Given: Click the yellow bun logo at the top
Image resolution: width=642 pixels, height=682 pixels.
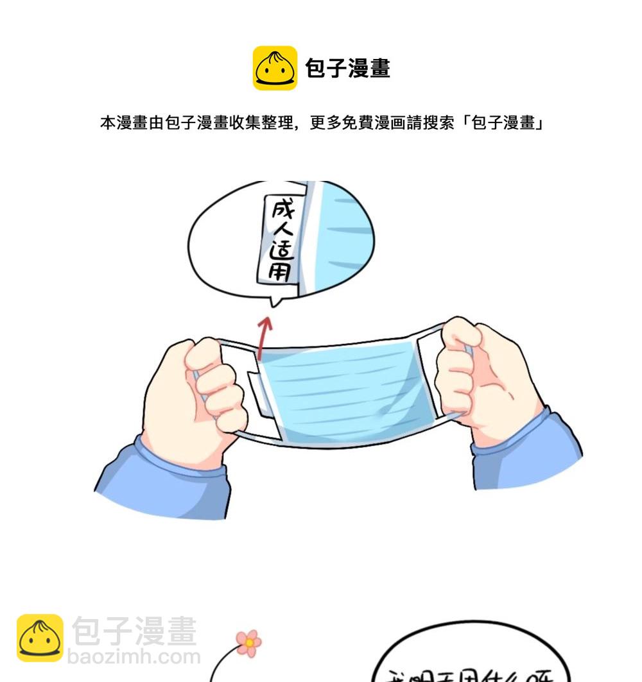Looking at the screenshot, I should (275, 68).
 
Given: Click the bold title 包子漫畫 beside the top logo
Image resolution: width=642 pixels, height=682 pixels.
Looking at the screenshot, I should (347, 68).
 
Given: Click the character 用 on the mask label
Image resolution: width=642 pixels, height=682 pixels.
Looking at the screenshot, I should (281, 272).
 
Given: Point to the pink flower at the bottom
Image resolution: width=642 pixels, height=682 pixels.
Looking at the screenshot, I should (248, 642).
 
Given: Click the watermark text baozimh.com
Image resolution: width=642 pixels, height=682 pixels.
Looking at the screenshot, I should (134, 657).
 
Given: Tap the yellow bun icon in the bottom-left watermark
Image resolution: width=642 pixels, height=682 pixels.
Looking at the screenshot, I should (40, 638).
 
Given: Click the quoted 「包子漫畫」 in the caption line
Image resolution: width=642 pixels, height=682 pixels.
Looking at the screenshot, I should (502, 123).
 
